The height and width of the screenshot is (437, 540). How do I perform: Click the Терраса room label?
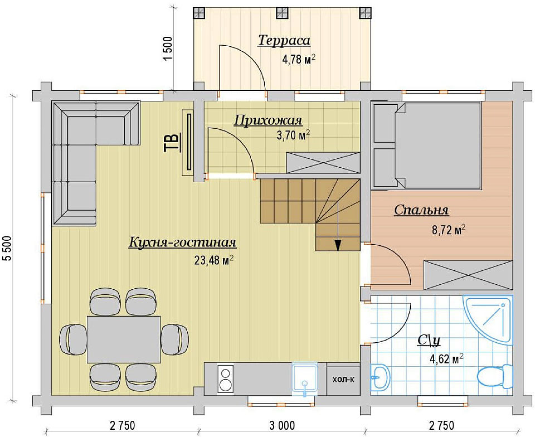click(284, 40)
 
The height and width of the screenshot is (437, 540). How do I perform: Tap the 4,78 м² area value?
click(299, 59)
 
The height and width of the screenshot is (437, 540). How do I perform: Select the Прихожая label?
click(268, 121)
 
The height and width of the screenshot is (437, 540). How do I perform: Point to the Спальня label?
click(421, 210)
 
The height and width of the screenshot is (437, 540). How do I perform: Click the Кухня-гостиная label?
click(182, 242)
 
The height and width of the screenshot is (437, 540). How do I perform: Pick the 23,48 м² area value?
click(214, 260)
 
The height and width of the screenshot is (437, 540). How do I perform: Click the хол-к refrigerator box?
click(343, 379)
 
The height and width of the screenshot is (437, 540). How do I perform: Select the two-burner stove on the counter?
click(226, 379)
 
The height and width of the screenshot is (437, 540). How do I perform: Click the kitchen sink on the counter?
click(305, 379)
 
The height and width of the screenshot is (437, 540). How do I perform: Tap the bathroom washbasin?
click(380, 377)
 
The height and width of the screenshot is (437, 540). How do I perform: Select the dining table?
click(124, 339)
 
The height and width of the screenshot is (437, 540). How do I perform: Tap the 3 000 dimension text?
click(282, 426)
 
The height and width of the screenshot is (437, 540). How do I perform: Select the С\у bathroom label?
click(428, 340)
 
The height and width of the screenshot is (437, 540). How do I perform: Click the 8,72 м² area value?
click(449, 229)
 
